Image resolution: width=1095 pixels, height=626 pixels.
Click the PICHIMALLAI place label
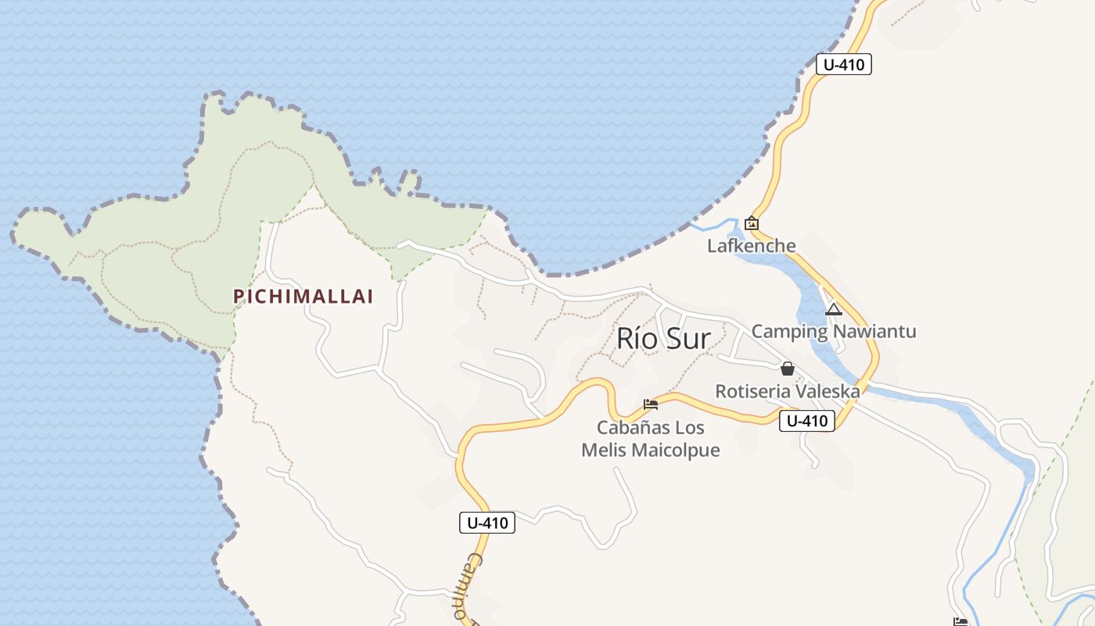tap(303, 297)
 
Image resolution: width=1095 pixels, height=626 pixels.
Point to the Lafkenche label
tap(752, 246)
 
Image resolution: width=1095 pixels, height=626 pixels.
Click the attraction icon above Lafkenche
tap(752, 223)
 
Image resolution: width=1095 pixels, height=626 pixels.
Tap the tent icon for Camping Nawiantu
tap(834, 309)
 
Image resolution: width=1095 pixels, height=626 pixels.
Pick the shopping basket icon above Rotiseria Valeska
tap(788, 369)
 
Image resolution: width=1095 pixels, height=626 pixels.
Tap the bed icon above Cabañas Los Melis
tap(651, 405)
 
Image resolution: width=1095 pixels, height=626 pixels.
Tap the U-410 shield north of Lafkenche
tap(843, 64)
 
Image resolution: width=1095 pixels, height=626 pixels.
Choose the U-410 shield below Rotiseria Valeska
tap(807, 421)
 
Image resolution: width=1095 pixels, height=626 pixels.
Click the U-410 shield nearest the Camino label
tap(487, 523)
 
